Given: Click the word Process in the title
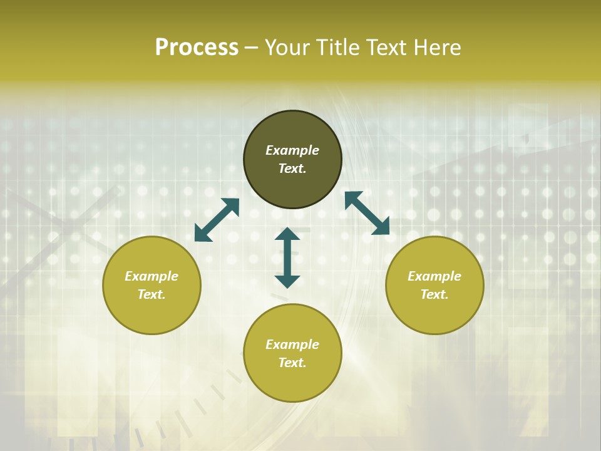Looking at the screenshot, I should tap(197, 48).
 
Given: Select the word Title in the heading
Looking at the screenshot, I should tap(340, 48).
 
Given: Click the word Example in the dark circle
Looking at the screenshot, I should tap(292, 150).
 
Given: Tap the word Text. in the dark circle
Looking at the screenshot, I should tap(292, 168).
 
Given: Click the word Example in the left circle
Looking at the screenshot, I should tap(152, 276).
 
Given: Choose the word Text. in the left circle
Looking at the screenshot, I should tap(152, 294).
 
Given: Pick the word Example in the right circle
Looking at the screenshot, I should tap(434, 276).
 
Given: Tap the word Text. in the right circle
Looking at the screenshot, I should tap(434, 294).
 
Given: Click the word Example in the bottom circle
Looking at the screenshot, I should tap(292, 345).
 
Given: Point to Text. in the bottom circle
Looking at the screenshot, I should tap(292, 363).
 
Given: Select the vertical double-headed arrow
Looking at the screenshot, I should tap(287, 257).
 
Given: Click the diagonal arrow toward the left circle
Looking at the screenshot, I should tap(217, 220).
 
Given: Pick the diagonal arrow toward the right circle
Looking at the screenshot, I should tap(367, 213).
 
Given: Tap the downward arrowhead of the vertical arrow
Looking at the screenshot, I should tap(287, 281).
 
